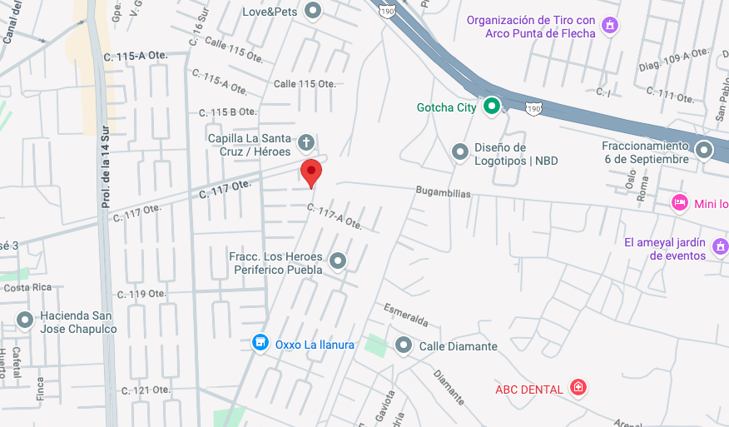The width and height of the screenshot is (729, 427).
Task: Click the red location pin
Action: [x=310, y=172]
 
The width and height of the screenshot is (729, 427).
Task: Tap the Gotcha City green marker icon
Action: [x=492, y=106]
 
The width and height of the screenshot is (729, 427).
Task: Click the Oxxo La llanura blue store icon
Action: [x=260, y=343]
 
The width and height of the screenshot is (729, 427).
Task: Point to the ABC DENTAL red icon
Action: [x=578, y=387]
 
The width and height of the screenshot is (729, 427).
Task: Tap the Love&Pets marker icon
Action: [x=313, y=11]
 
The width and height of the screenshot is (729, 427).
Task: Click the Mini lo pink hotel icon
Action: [x=680, y=202]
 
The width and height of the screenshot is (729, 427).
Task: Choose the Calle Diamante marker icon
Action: [x=404, y=345]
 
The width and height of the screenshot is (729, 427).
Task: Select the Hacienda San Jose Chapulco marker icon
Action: [x=25, y=319]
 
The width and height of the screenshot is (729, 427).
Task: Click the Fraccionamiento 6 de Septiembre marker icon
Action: [x=704, y=151]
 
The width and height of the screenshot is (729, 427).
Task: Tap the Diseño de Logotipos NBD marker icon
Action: [x=459, y=152]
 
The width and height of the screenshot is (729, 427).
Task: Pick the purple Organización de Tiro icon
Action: [x=610, y=26]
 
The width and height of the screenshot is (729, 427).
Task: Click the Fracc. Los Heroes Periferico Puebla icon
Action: [x=337, y=261]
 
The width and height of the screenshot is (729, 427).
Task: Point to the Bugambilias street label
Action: [x=444, y=193]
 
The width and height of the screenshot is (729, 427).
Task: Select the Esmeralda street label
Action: [x=406, y=315]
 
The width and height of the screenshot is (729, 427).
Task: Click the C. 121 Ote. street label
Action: [x=146, y=390]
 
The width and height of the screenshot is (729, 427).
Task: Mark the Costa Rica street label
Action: [x=27, y=287]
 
